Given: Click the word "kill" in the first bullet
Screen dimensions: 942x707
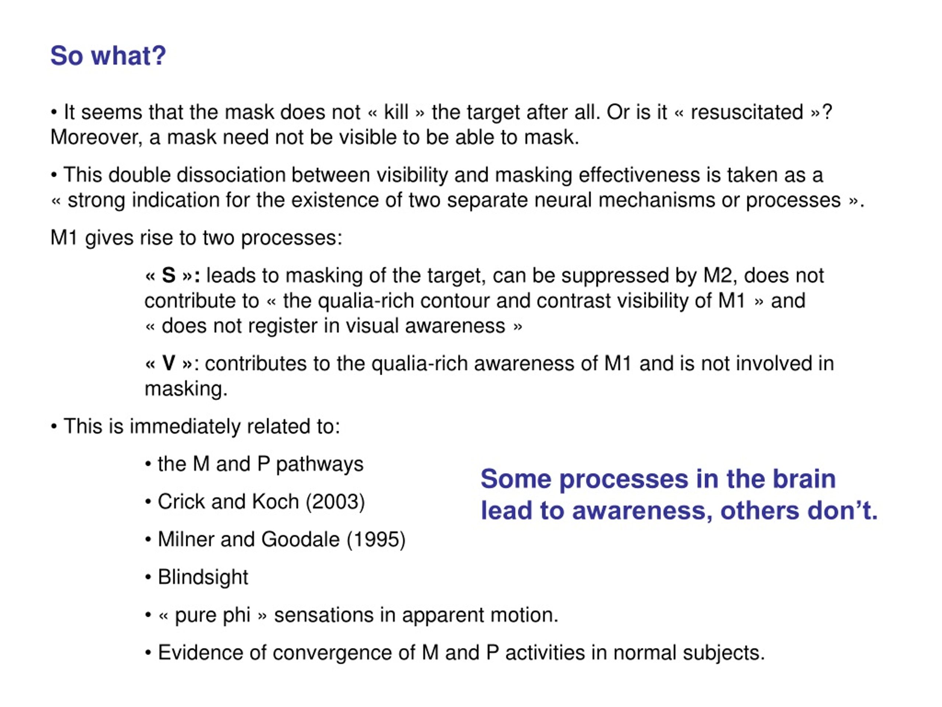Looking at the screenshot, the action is (x=396, y=112).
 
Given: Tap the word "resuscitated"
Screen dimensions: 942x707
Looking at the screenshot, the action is (x=747, y=112).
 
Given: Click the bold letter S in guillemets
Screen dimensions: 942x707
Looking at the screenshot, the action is (x=169, y=275).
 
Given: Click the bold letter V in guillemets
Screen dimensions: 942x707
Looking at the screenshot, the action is (x=169, y=363).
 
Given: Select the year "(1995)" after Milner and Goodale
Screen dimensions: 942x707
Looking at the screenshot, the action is (x=376, y=539).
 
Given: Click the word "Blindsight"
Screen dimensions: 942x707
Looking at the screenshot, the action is (x=203, y=577).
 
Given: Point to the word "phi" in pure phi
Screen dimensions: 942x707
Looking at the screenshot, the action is (x=236, y=615).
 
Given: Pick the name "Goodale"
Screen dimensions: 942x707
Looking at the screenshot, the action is (x=300, y=539).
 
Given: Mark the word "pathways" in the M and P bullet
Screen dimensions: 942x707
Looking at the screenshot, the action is (x=320, y=464).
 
